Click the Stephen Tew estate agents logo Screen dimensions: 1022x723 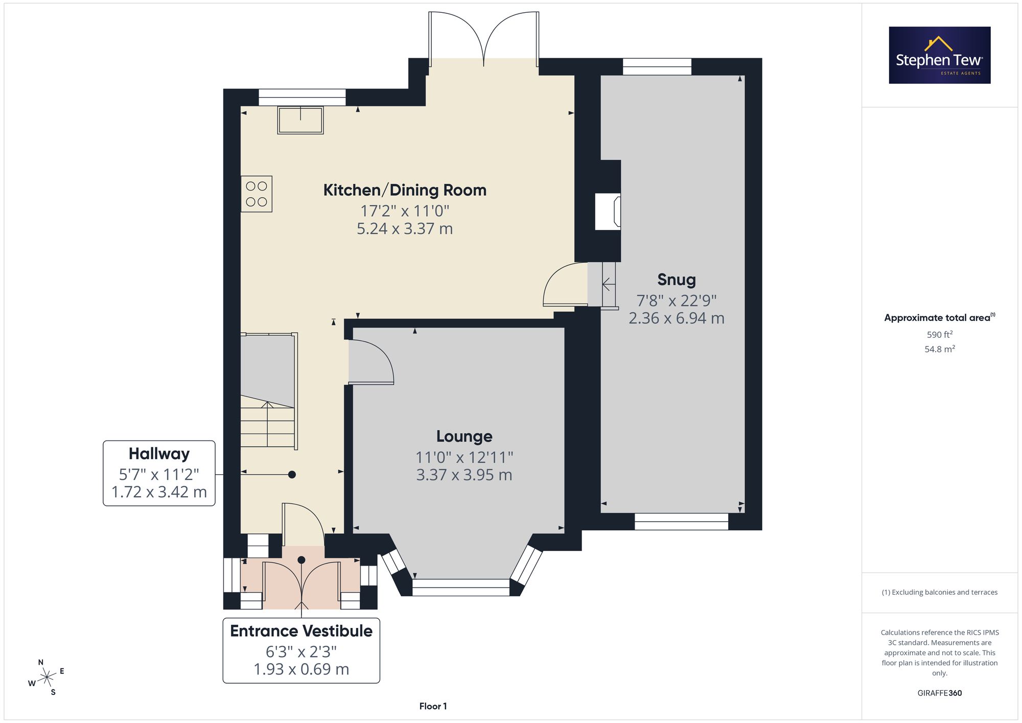click(x=940, y=55)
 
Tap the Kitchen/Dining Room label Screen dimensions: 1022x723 click(x=405, y=190)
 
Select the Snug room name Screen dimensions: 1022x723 click(x=677, y=280)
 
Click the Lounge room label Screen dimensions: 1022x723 click(x=464, y=436)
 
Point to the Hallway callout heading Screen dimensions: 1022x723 click(x=159, y=454)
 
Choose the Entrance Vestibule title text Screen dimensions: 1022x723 click(x=301, y=631)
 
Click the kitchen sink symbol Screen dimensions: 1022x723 click(x=300, y=120)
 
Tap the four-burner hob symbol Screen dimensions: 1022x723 click(x=257, y=194)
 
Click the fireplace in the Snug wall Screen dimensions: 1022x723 click(x=608, y=212)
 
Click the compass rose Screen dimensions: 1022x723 click(x=47, y=678)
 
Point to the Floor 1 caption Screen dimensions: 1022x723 click(x=433, y=706)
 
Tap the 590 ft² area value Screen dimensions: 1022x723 click(x=940, y=335)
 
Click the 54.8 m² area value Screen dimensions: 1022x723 click(x=940, y=349)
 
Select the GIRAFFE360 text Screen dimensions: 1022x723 click(x=940, y=693)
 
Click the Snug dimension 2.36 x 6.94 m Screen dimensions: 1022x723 click(x=677, y=318)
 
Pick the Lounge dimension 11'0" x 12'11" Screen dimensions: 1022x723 click(x=464, y=457)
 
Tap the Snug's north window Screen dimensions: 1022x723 click(x=657, y=67)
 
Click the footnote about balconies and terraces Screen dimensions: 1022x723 click(x=940, y=592)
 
